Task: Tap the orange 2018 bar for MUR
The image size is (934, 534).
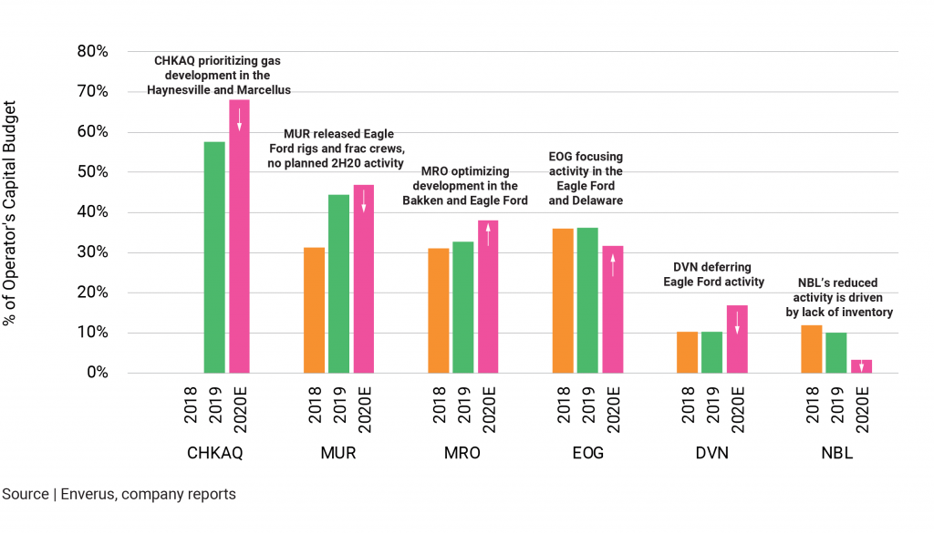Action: [x=314, y=310]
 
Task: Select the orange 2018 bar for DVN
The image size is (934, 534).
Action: [x=688, y=352]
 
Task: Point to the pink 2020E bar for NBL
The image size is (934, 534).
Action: [x=861, y=366]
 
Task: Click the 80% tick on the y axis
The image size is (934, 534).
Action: [x=91, y=52]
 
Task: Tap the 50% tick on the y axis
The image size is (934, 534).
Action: [x=91, y=172]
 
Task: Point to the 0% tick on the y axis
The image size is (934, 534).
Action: [x=95, y=373]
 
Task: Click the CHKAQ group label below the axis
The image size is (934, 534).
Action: [x=214, y=453]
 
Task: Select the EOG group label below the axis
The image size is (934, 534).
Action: [x=587, y=453]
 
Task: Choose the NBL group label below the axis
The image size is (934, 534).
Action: [x=836, y=453]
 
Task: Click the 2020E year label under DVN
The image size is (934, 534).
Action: [x=738, y=407]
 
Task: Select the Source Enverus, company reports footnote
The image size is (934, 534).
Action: [x=119, y=495]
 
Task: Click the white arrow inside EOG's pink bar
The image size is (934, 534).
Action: [x=613, y=264]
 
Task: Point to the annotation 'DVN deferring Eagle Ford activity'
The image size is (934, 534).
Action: [x=713, y=274]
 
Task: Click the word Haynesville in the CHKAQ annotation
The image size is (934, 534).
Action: [x=186, y=90]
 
